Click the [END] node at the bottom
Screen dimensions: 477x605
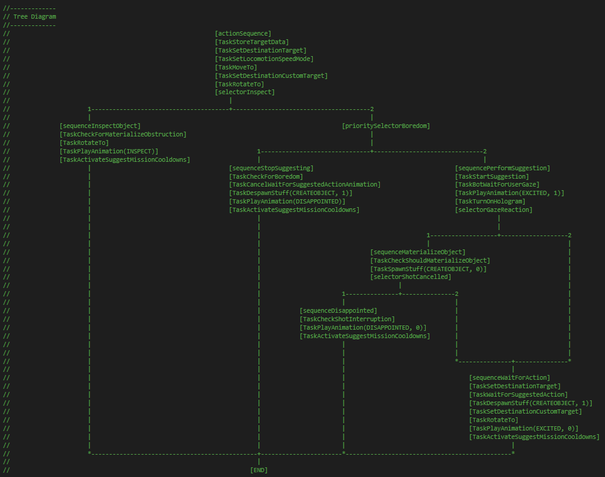[x=258, y=470]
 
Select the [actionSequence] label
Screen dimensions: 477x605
[x=243, y=33]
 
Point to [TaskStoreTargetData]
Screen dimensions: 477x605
[x=252, y=42]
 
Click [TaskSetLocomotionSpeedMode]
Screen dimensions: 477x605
[x=264, y=59]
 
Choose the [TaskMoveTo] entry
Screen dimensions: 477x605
[x=235, y=67]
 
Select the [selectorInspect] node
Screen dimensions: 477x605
[x=245, y=92]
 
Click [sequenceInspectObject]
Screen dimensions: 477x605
[x=100, y=126]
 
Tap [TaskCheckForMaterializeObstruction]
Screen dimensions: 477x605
[x=123, y=134]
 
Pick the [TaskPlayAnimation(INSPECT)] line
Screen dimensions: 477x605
[x=109, y=151]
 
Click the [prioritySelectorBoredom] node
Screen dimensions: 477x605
[x=386, y=126]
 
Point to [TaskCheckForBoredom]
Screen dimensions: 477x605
[x=266, y=176]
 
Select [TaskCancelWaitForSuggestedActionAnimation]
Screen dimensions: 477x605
[x=305, y=184]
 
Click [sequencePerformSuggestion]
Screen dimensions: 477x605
[x=502, y=168]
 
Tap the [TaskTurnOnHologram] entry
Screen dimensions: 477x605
[x=490, y=201]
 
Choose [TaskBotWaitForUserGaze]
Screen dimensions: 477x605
[x=497, y=184]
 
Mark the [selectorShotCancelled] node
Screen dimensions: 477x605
[x=411, y=277]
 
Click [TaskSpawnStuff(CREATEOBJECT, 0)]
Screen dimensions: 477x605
[x=428, y=269]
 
